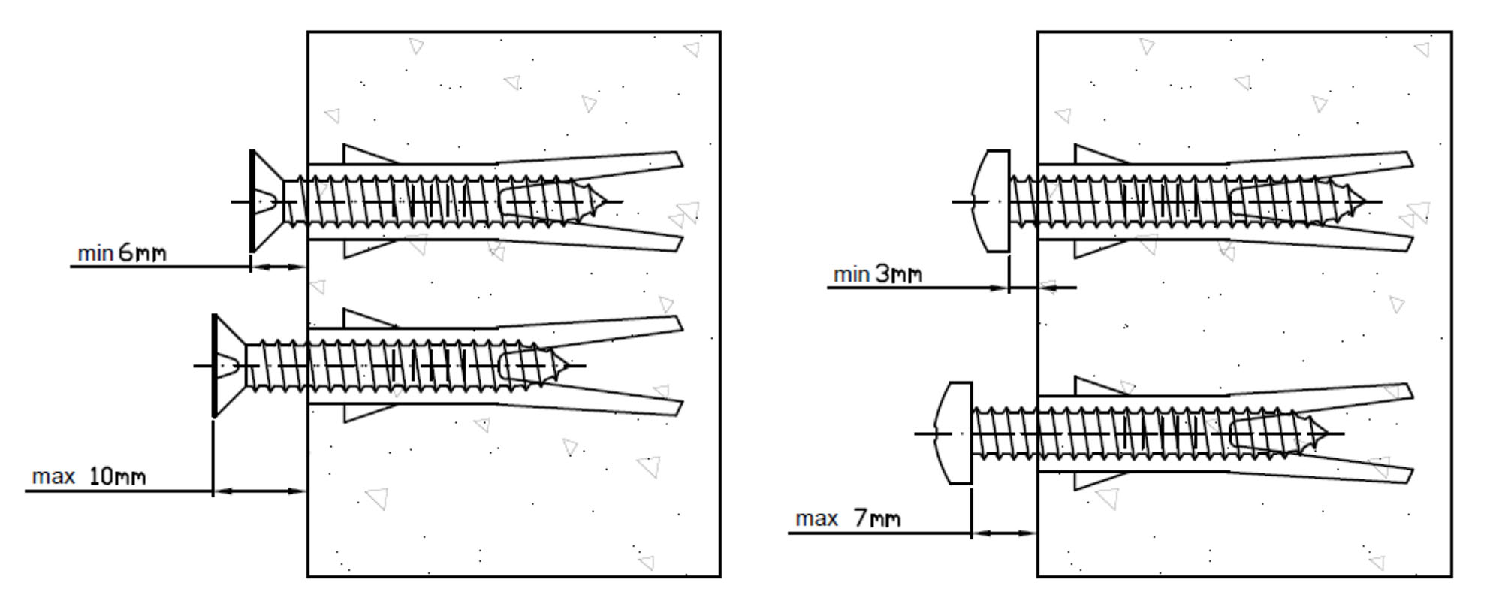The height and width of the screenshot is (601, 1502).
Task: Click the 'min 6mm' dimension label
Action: [x=122, y=253]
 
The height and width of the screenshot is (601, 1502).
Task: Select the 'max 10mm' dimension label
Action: [x=89, y=476]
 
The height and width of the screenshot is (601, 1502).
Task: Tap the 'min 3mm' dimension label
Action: [x=877, y=274]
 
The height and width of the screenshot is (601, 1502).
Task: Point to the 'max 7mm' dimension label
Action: [x=847, y=518]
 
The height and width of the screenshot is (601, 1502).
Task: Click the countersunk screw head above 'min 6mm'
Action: [x=263, y=201]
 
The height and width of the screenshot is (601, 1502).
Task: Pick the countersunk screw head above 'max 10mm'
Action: [x=225, y=366]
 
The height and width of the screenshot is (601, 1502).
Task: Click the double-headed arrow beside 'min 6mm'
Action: [x=279, y=267]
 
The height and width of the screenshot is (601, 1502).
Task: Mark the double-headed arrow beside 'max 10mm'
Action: [x=260, y=491]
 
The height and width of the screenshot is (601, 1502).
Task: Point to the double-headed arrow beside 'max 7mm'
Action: [x=1004, y=533]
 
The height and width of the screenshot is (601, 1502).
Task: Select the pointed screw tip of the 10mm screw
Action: [x=565, y=366]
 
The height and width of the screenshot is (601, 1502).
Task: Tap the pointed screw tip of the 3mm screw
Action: [x=1361, y=201]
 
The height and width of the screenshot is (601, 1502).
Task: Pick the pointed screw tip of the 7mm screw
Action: [x=1323, y=433]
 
